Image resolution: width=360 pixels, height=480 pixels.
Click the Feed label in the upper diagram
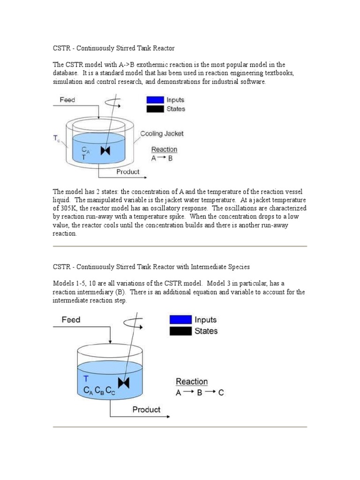tap(67, 100)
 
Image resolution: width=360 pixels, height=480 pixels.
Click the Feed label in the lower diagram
tap(71, 320)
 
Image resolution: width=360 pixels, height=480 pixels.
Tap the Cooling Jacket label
tap(162, 134)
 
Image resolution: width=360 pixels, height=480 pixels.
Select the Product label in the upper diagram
tap(128, 172)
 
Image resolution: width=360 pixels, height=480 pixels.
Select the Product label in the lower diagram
tap(146, 409)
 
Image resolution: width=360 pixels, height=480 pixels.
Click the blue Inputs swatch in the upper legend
tap(155, 100)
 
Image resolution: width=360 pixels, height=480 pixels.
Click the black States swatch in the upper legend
tap(155, 109)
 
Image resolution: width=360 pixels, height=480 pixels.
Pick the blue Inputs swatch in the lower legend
tap(180, 320)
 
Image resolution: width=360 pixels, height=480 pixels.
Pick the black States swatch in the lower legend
tap(180, 331)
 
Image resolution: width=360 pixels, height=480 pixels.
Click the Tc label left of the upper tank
tap(56, 138)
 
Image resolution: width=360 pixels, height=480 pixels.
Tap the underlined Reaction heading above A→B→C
tap(192, 382)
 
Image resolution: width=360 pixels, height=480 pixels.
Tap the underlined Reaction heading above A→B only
tap(164, 150)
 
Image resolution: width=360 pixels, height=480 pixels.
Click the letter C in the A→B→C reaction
tap(221, 393)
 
